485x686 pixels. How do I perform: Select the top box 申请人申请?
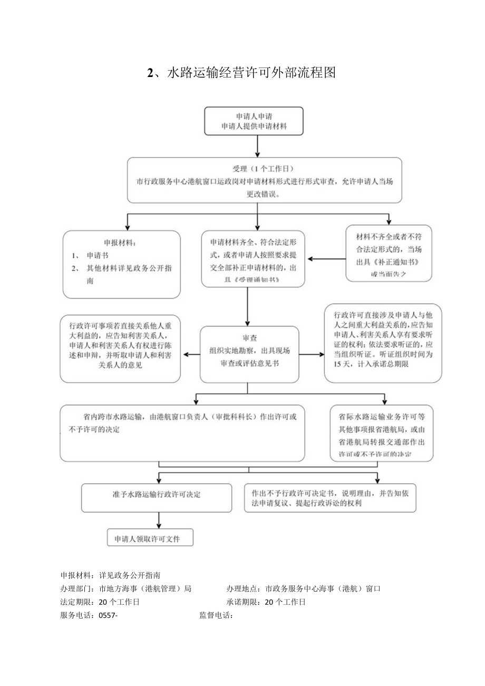254,121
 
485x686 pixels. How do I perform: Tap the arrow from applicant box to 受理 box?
257,146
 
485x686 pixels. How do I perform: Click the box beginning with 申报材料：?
121,264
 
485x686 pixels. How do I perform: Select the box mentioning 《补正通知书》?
389,253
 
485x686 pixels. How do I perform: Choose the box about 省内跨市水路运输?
182,432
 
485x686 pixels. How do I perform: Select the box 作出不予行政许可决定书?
330,498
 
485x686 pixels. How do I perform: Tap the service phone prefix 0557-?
108,616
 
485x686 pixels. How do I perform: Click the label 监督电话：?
217,616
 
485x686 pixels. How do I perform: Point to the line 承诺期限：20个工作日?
266,602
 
